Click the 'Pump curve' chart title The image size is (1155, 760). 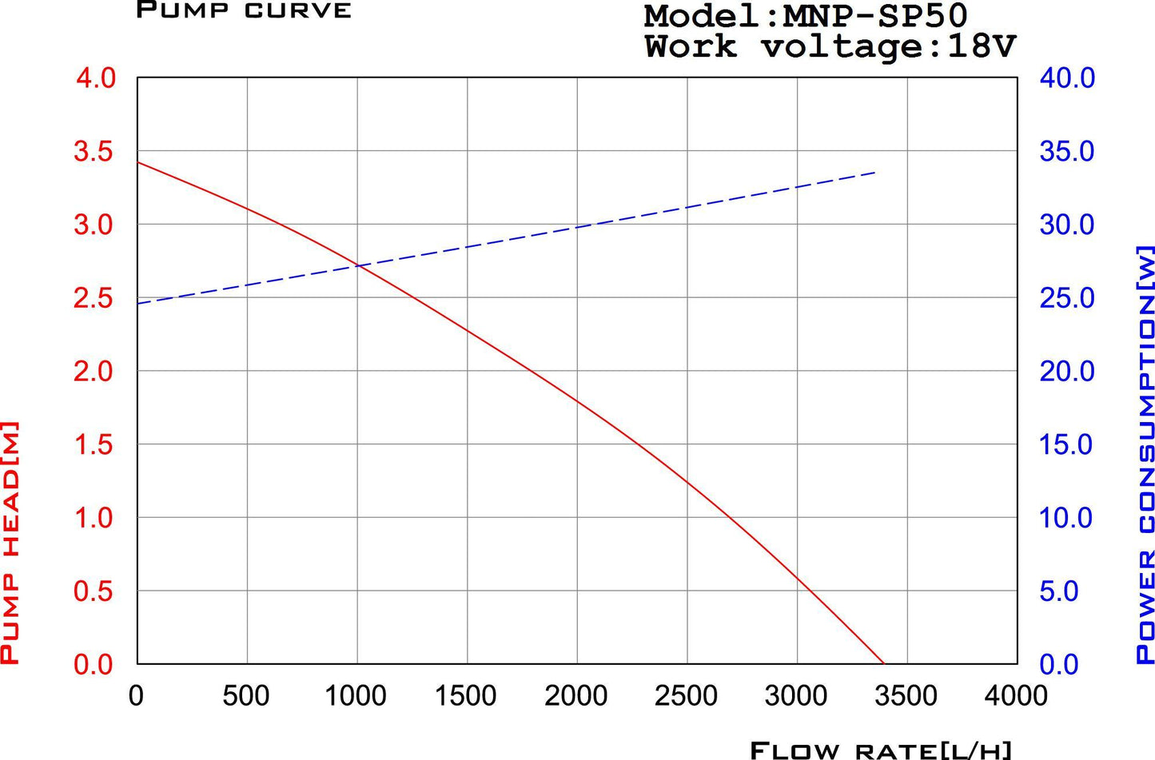coord(244,10)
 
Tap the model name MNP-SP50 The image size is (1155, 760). coord(876,16)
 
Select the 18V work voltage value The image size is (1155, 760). coord(981,47)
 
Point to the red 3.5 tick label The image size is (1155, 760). coord(94,151)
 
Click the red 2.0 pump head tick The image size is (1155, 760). coord(94,371)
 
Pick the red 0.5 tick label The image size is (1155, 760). coord(94,591)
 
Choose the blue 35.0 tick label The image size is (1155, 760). coord(1066,151)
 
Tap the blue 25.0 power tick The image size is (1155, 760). coord(1066,298)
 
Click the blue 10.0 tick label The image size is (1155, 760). coord(1066,518)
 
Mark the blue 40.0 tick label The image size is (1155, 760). coord(1066,78)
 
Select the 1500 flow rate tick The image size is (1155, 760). coord(465,696)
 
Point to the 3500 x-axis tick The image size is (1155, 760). coord(906,696)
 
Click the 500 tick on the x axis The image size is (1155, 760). coord(246,696)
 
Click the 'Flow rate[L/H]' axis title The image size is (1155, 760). coord(880,750)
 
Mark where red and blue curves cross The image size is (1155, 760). coord(359,265)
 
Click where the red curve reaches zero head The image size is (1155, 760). coord(884,663)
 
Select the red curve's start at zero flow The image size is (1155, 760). coord(138,162)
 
